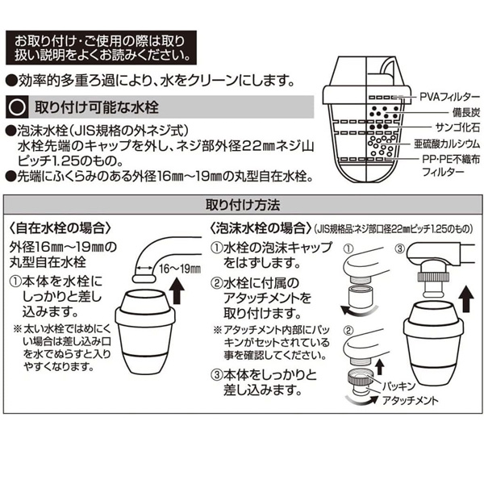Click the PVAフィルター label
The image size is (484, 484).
(450, 97)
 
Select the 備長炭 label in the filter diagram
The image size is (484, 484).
(466, 112)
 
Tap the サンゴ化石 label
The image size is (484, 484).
(457, 127)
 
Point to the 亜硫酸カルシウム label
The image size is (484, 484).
(447, 144)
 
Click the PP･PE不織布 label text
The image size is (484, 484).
(451, 159)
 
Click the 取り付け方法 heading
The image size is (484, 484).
(243, 205)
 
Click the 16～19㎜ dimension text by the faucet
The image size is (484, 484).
(180, 269)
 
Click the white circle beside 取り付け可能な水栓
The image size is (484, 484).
(17, 107)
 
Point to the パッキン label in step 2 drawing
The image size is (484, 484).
(398, 386)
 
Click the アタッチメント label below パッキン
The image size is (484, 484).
(411, 400)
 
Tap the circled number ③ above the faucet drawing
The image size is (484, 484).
(400, 248)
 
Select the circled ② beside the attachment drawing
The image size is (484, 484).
(348, 331)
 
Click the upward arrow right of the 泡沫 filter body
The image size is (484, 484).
(466, 299)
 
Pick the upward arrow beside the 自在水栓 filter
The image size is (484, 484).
(177, 290)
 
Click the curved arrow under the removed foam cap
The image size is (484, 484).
(358, 312)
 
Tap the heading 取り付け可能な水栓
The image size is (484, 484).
(97, 107)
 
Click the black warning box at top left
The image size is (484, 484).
(101, 48)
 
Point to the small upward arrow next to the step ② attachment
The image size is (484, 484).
(380, 368)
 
